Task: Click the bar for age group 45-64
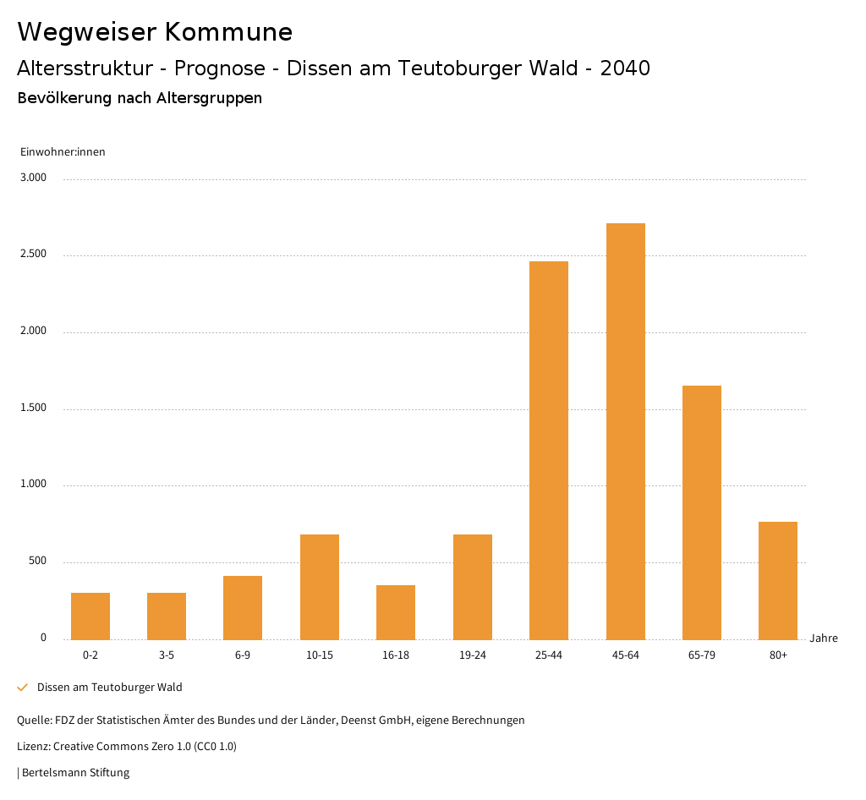[625, 431]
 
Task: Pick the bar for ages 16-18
[396, 612]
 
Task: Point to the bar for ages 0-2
[90, 616]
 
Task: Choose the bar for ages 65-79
[702, 512]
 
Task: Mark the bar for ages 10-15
[320, 587]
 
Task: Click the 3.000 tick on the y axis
[34, 178]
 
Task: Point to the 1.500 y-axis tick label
[34, 408]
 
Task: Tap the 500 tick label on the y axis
[37, 562]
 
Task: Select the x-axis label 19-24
[473, 655]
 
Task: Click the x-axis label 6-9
[243, 655]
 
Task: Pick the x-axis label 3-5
[167, 655]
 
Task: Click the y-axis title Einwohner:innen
[63, 152]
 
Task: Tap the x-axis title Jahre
[824, 638]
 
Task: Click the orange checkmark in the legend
[23, 688]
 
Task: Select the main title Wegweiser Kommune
[155, 32]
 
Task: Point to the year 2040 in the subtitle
[625, 68]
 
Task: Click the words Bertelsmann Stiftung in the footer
[75, 773]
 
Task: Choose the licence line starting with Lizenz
[127, 747]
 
